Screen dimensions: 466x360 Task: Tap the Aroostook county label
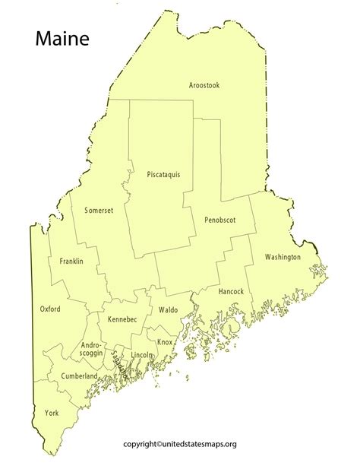(204, 86)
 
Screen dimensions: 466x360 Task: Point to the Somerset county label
(99, 210)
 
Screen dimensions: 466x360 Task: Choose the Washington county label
(283, 257)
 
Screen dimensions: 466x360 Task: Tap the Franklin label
(71, 262)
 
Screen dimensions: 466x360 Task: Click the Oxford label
(50, 309)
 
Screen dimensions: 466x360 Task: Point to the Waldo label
(168, 309)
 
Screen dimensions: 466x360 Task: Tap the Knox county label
(165, 342)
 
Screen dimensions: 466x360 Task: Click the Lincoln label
(142, 355)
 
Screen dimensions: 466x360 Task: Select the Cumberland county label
(80, 376)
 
